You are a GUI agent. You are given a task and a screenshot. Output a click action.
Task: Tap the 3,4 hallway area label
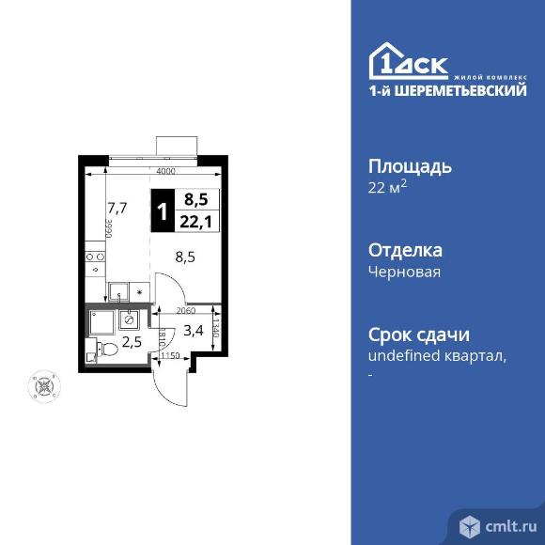click(194, 329)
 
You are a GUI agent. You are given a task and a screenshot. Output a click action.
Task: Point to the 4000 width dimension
click(166, 171)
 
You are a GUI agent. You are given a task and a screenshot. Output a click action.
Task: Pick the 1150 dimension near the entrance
click(170, 356)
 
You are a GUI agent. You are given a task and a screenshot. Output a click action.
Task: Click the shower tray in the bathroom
click(101, 322)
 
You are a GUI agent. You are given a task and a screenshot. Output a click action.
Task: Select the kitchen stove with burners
click(95, 254)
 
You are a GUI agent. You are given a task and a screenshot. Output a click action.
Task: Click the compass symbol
click(42, 385)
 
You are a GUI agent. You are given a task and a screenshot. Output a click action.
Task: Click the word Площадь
click(409, 167)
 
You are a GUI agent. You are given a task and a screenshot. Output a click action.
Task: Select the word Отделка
click(404, 251)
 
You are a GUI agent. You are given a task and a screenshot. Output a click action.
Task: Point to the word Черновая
click(404, 272)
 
